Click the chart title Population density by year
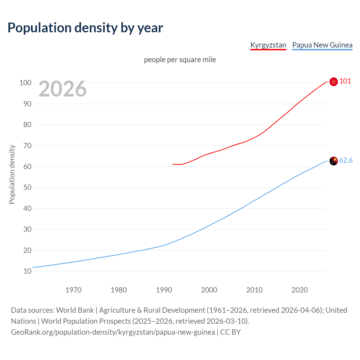pos(85,28)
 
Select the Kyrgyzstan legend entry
pos(268,45)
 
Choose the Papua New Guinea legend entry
pos(322,45)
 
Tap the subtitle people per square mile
pos(180,60)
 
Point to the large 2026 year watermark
pos(62,89)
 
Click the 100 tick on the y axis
pos(25,83)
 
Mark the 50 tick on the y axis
pos(27,187)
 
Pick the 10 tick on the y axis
pos(27,271)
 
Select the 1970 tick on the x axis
pos(73,290)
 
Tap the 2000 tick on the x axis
pos(209,290)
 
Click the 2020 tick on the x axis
pos(300,290)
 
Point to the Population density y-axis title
pos(12,174)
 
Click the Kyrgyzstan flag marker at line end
pos(334,82)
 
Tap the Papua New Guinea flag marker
pos(334,161)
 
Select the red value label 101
pos(345,81)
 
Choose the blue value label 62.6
pos(346,160)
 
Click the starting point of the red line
pos(173,164)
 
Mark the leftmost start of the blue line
pos(33,267)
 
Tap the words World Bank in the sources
pos(75,310)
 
